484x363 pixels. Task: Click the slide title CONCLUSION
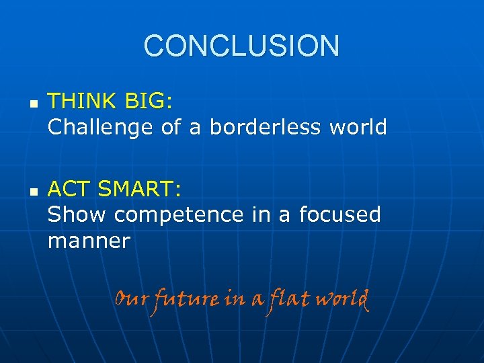pyautogui.click(x=241, y=46)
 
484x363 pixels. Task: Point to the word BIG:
pyautogui.click(x=149, y=102)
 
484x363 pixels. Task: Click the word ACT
pyautogui.click(x=68, y=190)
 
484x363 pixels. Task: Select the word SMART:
pyautogui.click(x=139, y=190)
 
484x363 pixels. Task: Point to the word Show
pyautogui.click(x=77, y=214)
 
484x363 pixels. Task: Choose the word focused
pyautogui.click(x=339, y=214)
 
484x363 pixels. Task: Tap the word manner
pyautogui.click(x=88, y=241)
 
